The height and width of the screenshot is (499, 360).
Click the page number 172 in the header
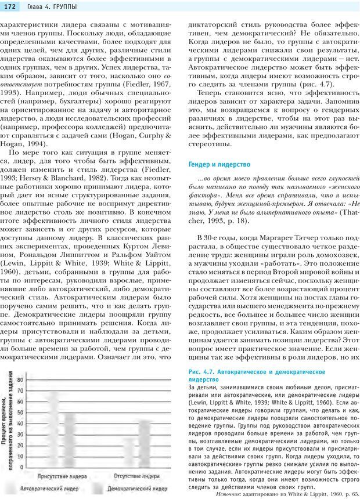tap(11, 6)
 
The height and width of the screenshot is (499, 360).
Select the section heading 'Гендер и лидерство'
tap(219, 165)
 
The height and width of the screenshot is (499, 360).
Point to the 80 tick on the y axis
tap(20, 380)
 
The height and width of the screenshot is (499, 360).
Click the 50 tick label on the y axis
tap(20, 413)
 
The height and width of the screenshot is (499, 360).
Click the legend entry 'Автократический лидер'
tap(49, 489)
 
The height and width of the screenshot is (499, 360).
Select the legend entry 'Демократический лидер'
tap(139, 489)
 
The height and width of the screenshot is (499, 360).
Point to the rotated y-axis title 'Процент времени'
tap(5, 418)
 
